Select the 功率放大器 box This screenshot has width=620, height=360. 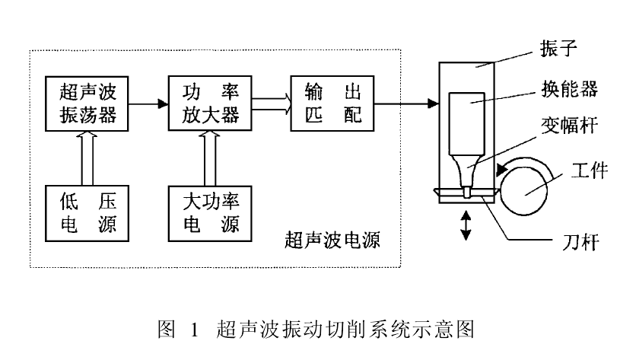(x=205, y=104)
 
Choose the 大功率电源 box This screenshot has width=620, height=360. (x=205, y=211)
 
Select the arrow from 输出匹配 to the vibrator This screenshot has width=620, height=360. (x=400, y=103)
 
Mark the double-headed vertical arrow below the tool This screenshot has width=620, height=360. (x=464, y=226)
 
